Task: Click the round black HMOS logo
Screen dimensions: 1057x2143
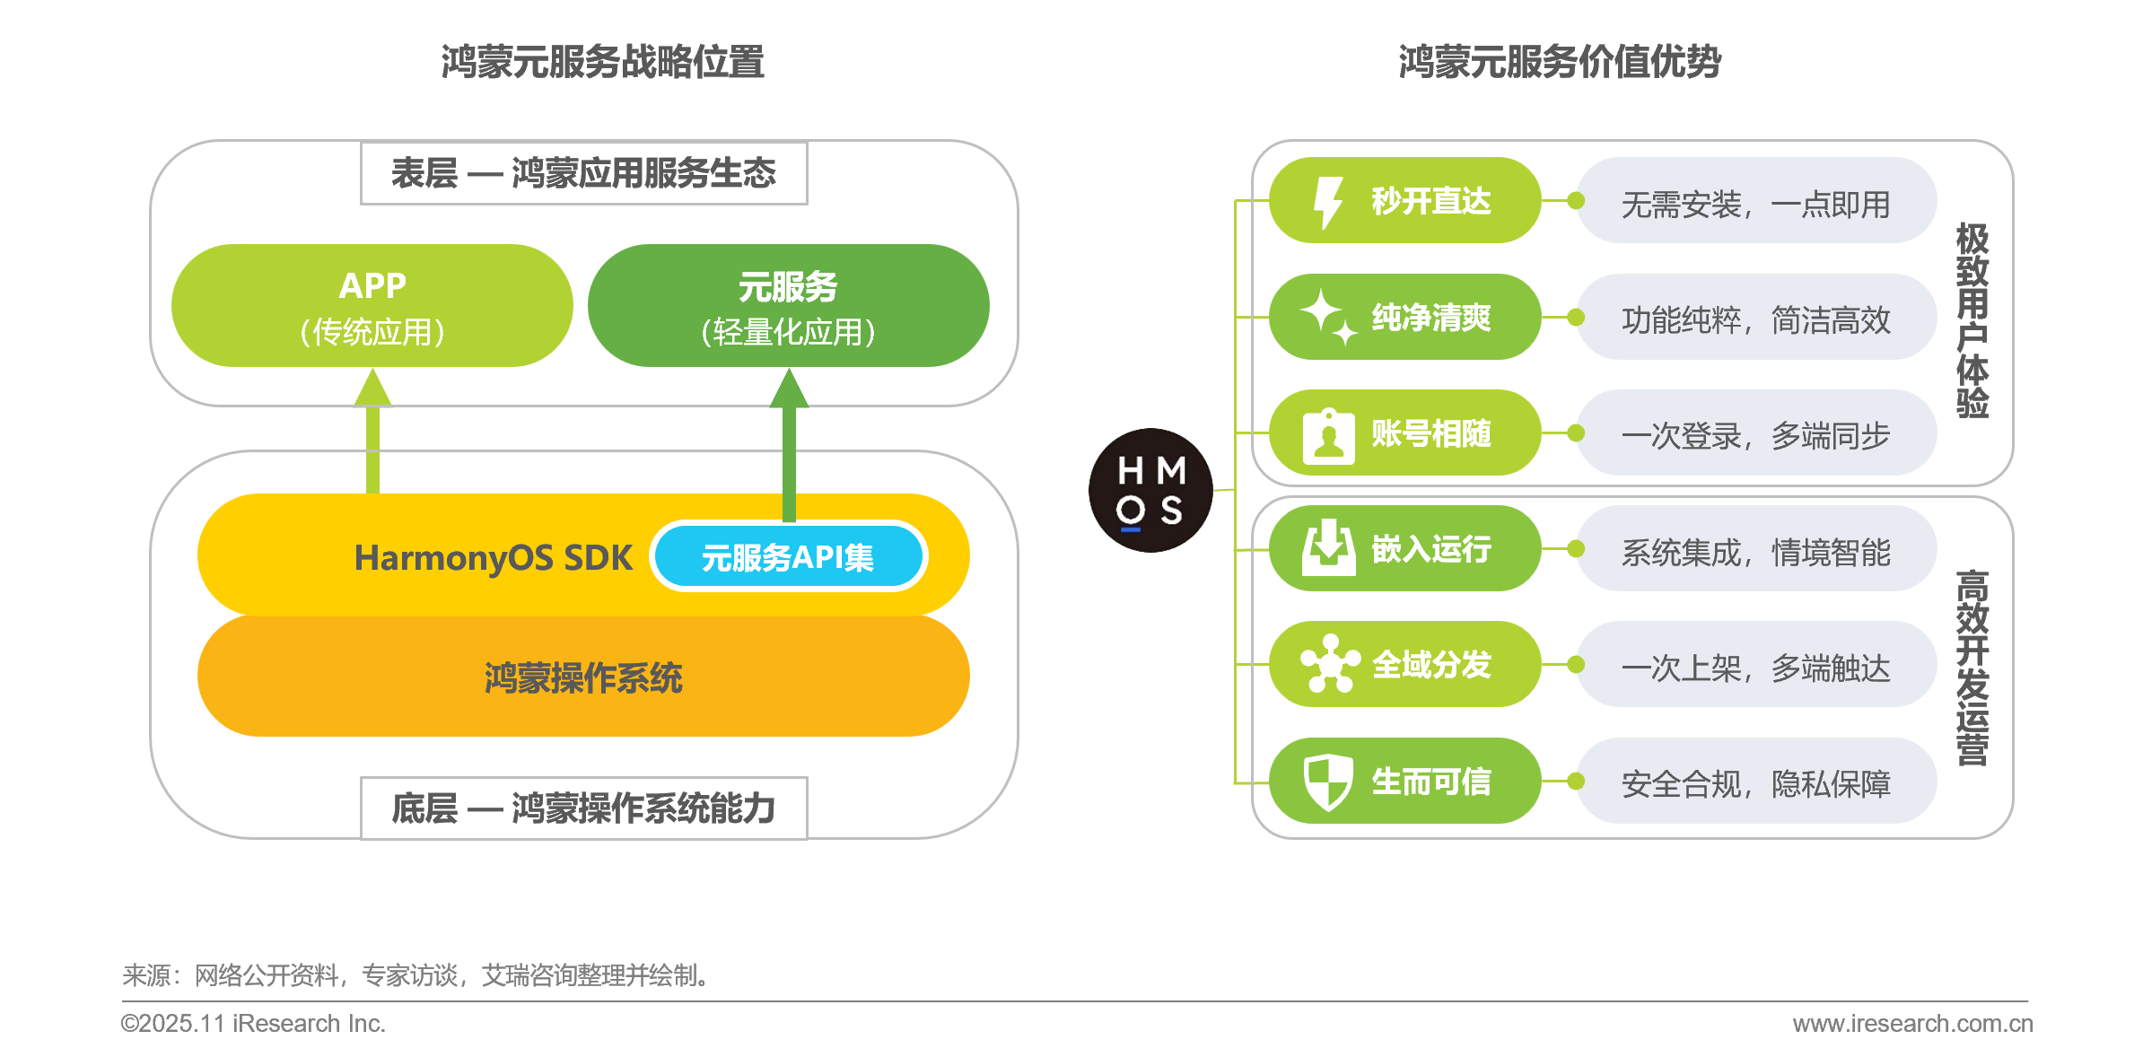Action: [1150, 490]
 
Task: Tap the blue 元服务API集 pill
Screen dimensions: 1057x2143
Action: [788, 557]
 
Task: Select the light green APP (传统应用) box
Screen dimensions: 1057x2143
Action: [372, 306]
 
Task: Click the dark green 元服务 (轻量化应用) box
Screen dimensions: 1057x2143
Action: [788, 306]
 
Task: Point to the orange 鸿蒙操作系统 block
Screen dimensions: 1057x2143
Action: [583, 677]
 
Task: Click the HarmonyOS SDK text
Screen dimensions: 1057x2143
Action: [493, 558]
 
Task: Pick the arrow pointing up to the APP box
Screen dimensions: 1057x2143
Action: [372, 431]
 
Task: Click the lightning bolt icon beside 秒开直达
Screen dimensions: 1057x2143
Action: [1327, 202]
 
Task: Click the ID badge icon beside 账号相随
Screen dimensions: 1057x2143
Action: [1328, 435]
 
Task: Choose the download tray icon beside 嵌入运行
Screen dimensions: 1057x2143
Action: [1328, 548]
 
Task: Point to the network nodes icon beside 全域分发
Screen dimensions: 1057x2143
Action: [1330, 664]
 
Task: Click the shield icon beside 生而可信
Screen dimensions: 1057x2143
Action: [1328, 781]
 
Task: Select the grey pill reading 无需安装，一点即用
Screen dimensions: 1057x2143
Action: [1755, 202]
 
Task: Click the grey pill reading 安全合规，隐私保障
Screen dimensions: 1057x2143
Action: [1755, 782]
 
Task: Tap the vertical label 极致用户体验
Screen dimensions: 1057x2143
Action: [1972, 319]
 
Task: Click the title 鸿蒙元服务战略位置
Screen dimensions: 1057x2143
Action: [602, 62]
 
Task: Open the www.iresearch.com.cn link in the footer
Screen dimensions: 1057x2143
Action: [1912, 1023]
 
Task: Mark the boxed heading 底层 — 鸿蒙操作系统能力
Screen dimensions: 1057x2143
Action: [583, 808]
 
